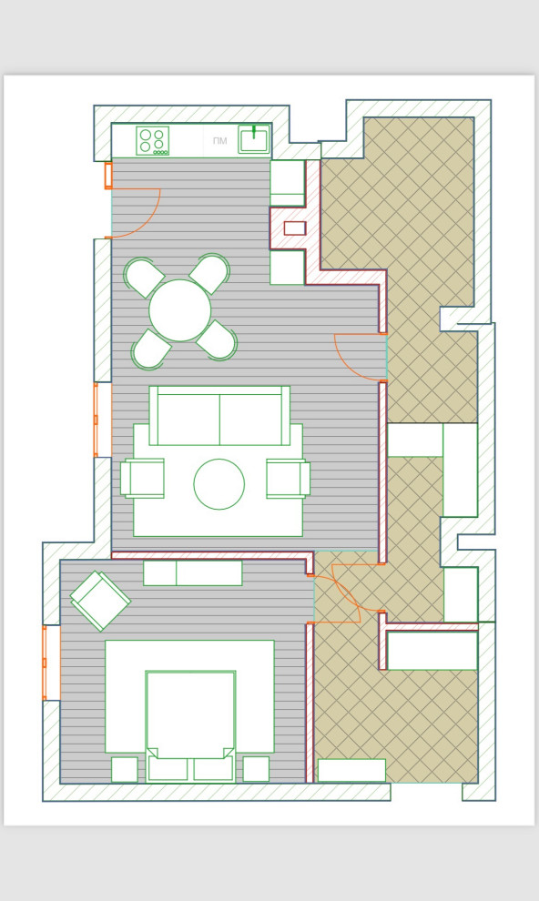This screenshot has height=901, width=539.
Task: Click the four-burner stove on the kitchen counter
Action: [152, 141]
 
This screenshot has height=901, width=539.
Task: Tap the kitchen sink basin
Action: [254, 140]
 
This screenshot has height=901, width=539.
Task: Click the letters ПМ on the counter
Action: [220, 141]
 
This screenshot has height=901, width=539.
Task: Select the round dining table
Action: [180, 310]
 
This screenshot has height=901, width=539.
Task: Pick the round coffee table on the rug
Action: [219, 484]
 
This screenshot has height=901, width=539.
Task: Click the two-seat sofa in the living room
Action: [219, 415]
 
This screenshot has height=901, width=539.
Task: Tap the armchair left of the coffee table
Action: [142, 478]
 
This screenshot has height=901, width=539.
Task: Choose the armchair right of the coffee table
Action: [289, 478]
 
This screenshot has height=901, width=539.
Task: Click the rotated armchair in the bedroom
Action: [100, 601]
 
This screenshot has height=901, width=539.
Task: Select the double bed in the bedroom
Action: [191, 726]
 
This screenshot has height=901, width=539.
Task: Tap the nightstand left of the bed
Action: [125, 769]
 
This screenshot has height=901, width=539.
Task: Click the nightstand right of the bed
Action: [256, 769]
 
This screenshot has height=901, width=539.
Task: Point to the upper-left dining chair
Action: [144, 277]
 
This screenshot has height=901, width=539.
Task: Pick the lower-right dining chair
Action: [218, 340]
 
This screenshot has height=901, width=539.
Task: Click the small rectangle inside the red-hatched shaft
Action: [295, 228]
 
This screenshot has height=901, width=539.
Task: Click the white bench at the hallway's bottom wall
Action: [351, 770]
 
